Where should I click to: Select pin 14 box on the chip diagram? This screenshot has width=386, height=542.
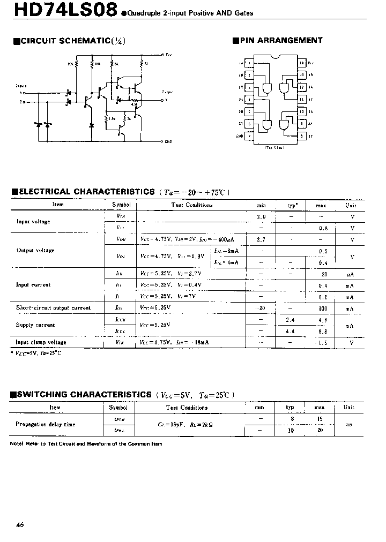tap(302, 63)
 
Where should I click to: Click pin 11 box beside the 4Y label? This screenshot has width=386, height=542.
tap(302, 99)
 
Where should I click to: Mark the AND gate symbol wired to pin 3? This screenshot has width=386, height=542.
tap(266, 88)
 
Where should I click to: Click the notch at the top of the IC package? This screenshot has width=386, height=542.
tap(276, 57)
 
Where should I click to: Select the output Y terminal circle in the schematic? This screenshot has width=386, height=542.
tap(162, 100)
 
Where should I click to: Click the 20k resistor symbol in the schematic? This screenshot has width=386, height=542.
tap(77, 64)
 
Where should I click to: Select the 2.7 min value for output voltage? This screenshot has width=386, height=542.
tap(261, 239)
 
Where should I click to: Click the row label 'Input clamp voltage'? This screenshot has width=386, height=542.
tap(41, 342)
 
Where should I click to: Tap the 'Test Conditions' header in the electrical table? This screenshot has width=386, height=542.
tap(192, 205)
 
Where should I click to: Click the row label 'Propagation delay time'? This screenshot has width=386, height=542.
tap(46, 424)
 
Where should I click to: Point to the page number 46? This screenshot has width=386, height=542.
tap(20, 525)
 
